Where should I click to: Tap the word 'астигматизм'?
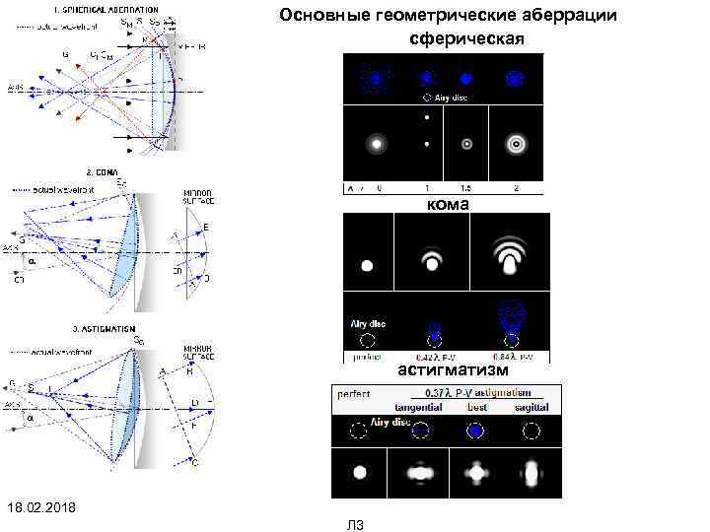pyautogui.click(x=453, y=370)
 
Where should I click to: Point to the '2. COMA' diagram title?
pyautogui.click(x=105, y=170)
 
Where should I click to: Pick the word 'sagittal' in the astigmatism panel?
pyautogui.click(x=532, y=407)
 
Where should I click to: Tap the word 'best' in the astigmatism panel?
pyautogui.click(x=477, y=407)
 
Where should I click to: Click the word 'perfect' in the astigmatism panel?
pyautogui.click(x=354, y=393)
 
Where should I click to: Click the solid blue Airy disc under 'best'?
pyautogui.click(x=476, y=431)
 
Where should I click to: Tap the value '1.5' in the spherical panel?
pyautogui.click(x=465, y=187)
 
